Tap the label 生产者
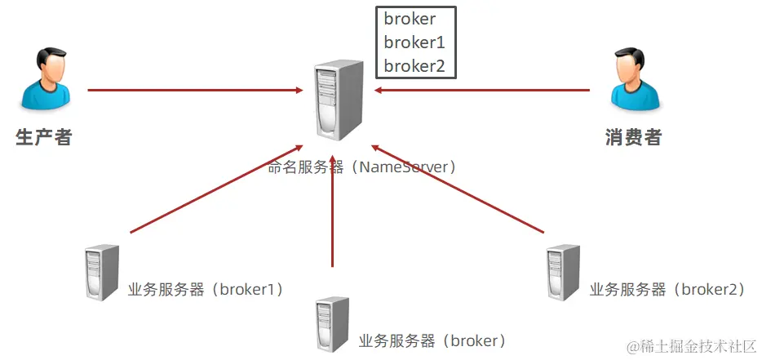click(x=44, y=137)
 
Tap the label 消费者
click(x=634, y=137)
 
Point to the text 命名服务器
click(x=306, y=167)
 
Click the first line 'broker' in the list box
click(x=410, y=20)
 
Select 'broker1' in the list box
click(x=414, y=42)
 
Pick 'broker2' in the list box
click(x=414, y=66)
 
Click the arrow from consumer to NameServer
click(x=481, y=90)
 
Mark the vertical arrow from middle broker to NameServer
click(x=333, y=212)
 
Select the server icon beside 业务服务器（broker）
click(x=332, y=324)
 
